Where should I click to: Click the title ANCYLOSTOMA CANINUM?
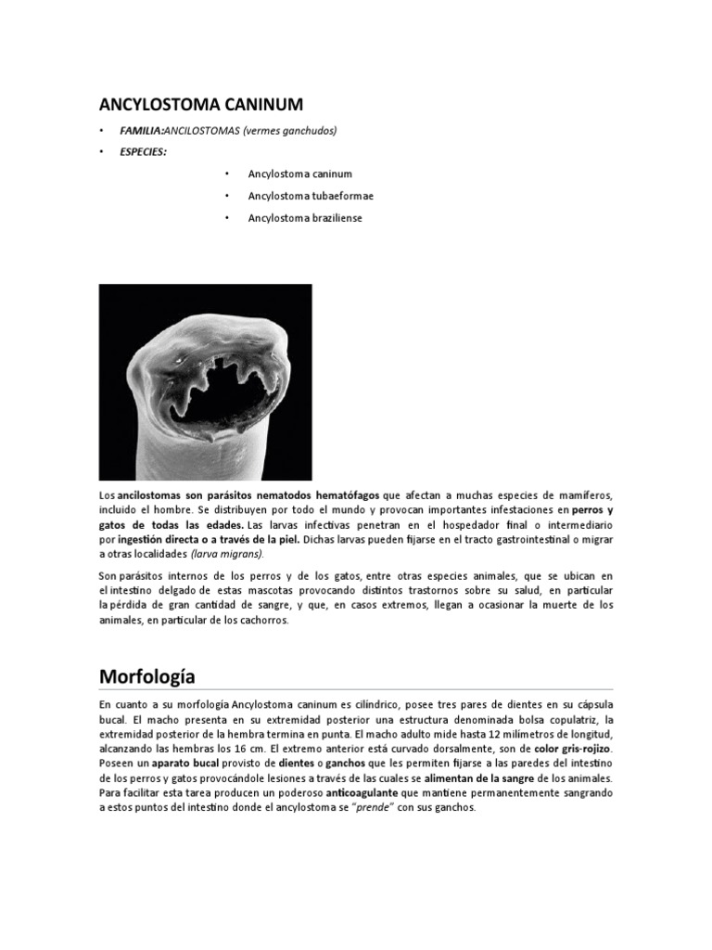click(200, 104)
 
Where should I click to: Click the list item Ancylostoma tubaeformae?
click(311, 196)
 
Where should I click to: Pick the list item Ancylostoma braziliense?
click(304, 218)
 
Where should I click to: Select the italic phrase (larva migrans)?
click(227, 554)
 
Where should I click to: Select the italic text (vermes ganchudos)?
click(290, 131)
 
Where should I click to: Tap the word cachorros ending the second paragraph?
click(265, 621)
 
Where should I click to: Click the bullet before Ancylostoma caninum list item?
click(226, 173)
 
